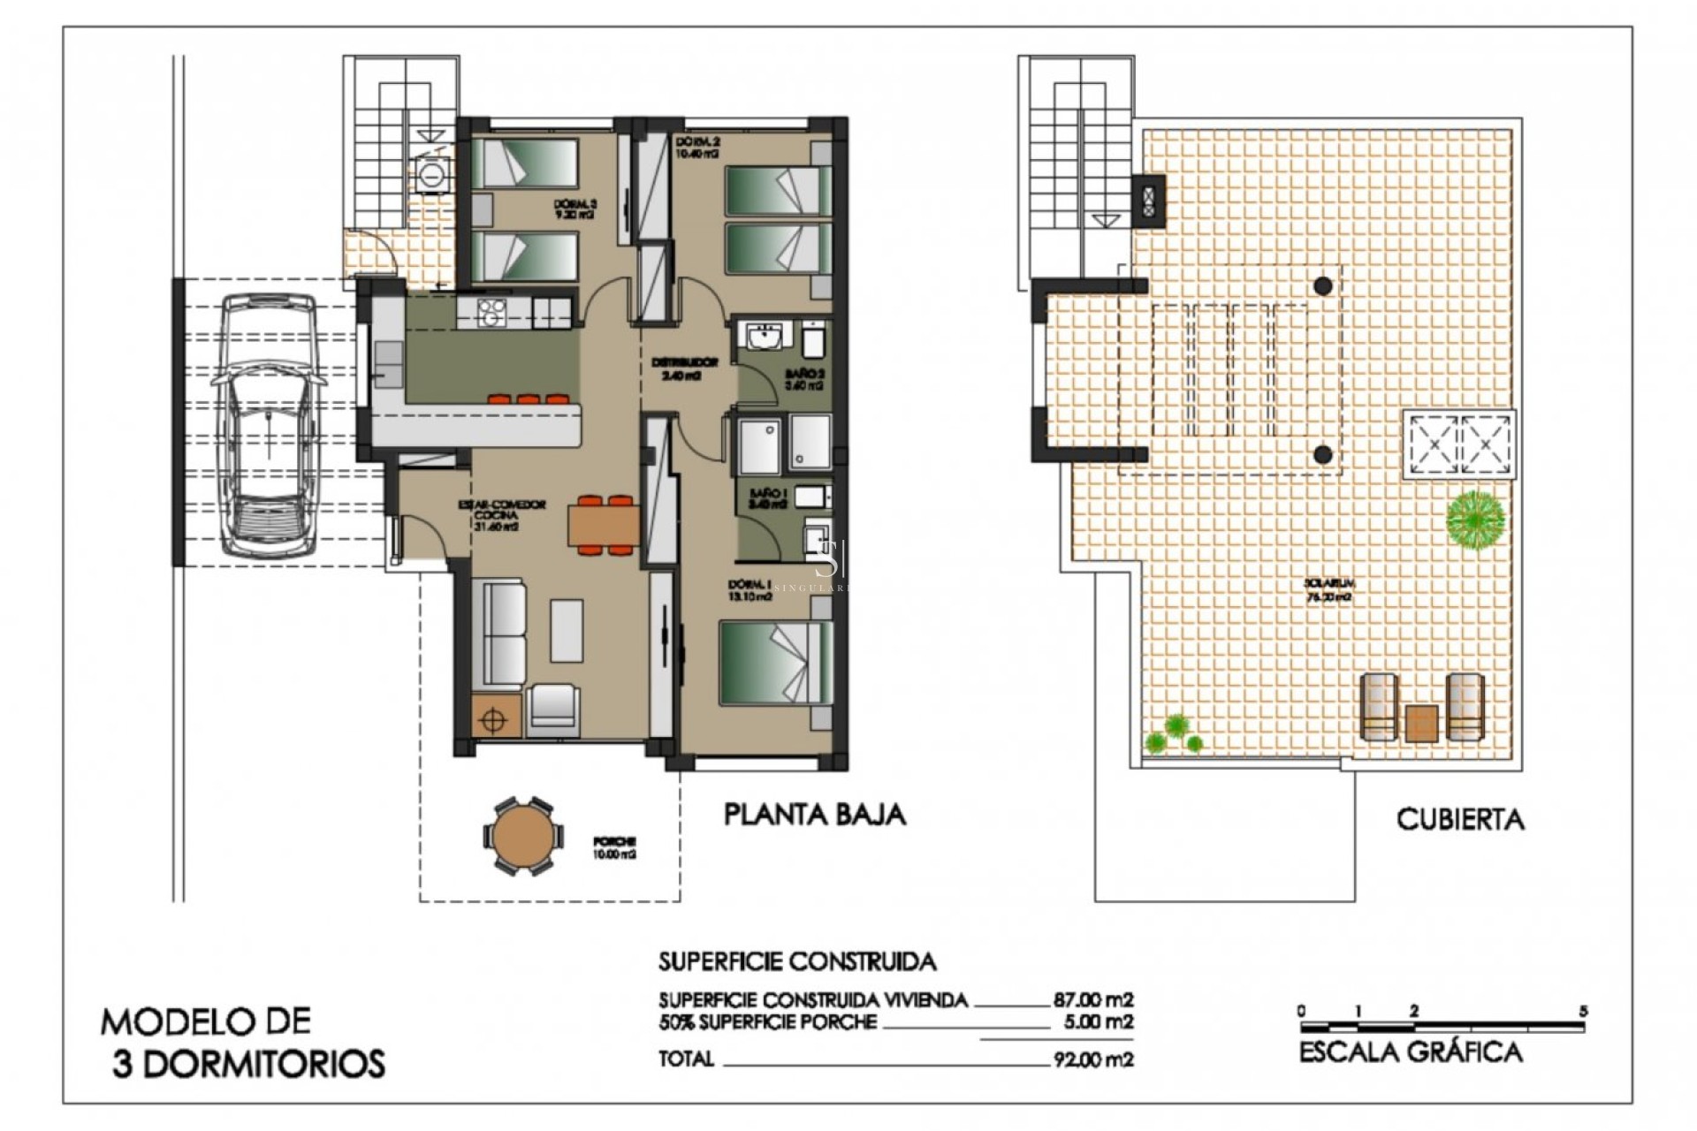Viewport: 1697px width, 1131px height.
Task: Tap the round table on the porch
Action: coord(521,836)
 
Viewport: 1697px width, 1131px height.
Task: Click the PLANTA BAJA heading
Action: coord(814,814)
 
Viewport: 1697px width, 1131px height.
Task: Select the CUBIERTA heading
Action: coord(1460,819)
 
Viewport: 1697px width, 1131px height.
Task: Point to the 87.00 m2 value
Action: coord(1092,1000)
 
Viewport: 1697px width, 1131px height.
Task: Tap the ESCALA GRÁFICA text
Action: coord(1411,1052)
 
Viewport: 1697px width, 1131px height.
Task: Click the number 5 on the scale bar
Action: coord(1583,1011)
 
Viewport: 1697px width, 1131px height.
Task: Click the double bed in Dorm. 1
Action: coord(775,663)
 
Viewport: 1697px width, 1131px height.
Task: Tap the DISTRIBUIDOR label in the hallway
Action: coord(684,368)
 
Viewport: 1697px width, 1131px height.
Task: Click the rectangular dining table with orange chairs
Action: coord(604,526)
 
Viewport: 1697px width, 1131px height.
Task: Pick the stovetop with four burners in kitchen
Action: coord(491,311)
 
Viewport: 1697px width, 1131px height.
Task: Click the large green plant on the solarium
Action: coord(1475,518)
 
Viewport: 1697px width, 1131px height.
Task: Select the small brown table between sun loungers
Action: coord(1421,722)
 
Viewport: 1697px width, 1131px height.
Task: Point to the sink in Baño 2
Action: coord(763,338)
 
